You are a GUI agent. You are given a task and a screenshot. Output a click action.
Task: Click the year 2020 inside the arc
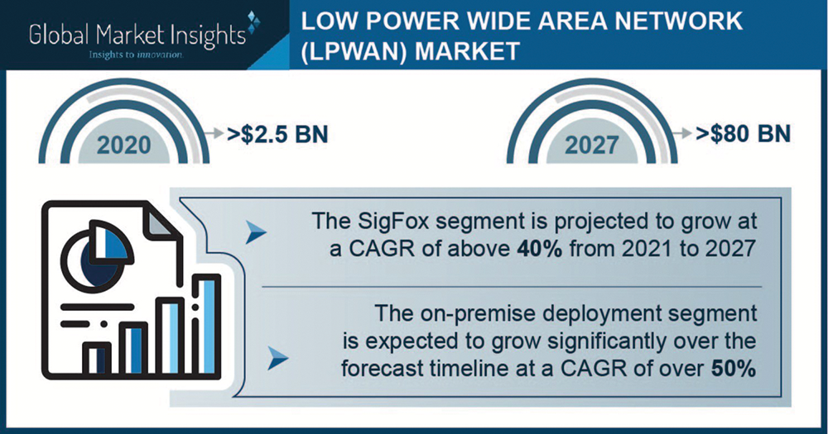[x=124, y=145]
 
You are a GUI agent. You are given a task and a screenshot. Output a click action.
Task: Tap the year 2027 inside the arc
[x=591, y=145]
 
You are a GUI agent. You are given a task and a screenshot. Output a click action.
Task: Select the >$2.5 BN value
[x=277, y=134]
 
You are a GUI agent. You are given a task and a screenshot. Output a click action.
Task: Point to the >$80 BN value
[x=744, y=134]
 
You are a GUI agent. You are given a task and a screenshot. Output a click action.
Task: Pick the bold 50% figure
[x=734, y=368]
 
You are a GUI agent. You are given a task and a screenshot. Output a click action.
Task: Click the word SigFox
[x=393, y=221]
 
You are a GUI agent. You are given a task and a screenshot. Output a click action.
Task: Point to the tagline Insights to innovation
[x=137, y=55]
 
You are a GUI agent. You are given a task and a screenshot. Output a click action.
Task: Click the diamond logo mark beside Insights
[x=253, y=22]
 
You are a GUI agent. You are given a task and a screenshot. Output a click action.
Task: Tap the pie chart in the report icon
[x=96, y=255]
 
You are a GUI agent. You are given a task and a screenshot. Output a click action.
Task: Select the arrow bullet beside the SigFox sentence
[x=256, y=232]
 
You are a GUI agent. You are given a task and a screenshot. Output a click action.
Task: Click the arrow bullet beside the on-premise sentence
[x=277, y=358]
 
